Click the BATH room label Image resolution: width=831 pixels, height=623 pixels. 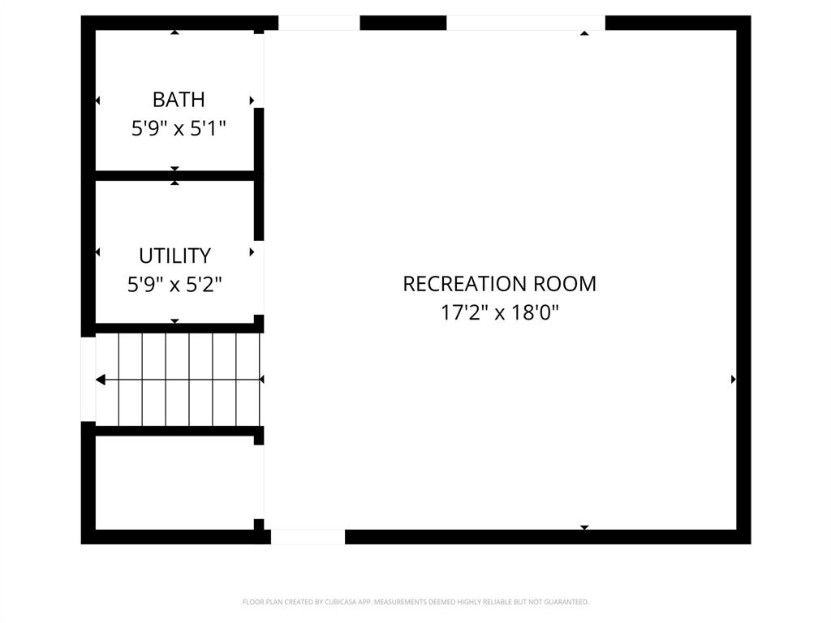click(x=179, y=100)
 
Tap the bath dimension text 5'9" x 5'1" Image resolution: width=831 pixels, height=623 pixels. click(x=179, y=128)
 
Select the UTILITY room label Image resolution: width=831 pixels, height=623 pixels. click(x=174, y=256)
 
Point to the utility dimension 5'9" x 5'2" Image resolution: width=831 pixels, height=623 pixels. click(x=174, y=285)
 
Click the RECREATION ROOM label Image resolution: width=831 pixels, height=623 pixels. click(x=499, y=284)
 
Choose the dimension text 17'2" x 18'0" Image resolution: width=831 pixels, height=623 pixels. click(x=499, y=313)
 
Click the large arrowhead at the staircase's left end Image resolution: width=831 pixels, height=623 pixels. click(x=101, y=379)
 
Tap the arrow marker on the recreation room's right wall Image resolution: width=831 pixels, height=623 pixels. click(x=734, y=379)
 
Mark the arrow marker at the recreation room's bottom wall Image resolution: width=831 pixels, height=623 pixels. click(x=584, y=527)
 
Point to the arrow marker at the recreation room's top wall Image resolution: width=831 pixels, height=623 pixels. click(x=584, y=33)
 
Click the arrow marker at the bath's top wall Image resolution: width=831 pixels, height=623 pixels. click(x=174, y=32)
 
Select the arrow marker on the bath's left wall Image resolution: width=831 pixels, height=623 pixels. click(x=97, y=101)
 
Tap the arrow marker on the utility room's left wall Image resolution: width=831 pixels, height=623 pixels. click(x=97, y=252)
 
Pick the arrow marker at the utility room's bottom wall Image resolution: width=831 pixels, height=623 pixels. click(x=174, y=321)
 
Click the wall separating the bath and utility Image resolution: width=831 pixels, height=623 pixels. click(x=174, y=175)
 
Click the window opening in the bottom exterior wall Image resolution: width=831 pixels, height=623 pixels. click(x=308, y=536)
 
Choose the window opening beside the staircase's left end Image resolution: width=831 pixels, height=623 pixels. click(x=88, y=379)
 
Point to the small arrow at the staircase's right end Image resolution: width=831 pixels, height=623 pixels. click(x=261, y=379)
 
